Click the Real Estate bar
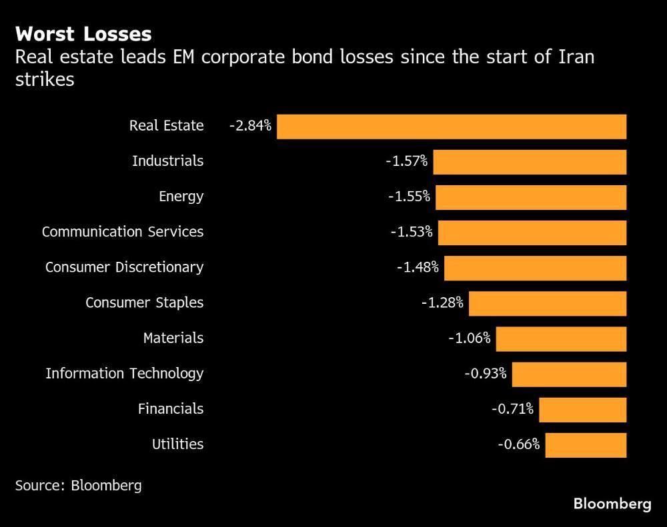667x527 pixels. pos(452,127)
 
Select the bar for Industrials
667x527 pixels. pos(530,162)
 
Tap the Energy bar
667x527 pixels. pos(531,197)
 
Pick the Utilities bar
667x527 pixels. pos(586,445)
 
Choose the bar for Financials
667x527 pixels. pos(582,410)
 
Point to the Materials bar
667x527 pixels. pos(561,338)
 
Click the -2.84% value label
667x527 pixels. pos(250,126)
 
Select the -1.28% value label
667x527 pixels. pos(442,303)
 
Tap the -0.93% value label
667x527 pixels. pos(485,374)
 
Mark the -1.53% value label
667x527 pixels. pos(412,233)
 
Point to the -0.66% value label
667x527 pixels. pos(518,444)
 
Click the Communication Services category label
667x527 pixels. pos(123,232)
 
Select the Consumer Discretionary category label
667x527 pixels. pos(124,267)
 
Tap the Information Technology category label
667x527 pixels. pos(124,374)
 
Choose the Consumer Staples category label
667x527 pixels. pos(144,303)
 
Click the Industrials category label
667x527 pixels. pos(167,161)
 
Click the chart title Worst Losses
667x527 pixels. pos(83,34)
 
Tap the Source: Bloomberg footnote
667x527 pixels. pos(79,485)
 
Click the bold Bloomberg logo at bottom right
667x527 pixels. pos(612,504)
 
